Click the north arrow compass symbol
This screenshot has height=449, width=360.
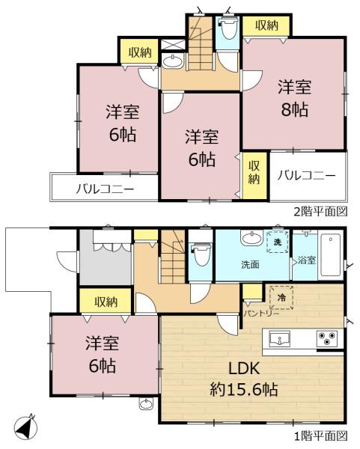tap(25, 427)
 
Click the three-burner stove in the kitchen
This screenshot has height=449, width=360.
tap(327, 338)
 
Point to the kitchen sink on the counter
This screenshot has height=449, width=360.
tap(279, 339)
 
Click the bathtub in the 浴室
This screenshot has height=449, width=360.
tap(330, 255)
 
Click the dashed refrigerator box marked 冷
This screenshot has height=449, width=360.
tap(281, 297)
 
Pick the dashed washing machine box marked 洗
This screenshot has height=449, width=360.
tap(277, 242)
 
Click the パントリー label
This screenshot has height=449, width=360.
tap(261, 314)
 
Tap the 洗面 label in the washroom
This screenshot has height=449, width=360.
tap(250, 265)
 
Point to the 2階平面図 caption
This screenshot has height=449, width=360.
tap(321, 211)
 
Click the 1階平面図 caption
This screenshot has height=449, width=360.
tap(321, 436)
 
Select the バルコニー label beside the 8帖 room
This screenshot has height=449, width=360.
tap(306, 175)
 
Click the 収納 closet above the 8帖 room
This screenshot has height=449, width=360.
tap(267, 25)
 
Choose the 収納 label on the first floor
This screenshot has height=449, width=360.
tap(106, 302)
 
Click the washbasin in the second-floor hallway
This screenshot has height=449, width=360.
tap(173, 61)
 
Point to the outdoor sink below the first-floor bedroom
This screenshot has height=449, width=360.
tap(147, 404)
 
